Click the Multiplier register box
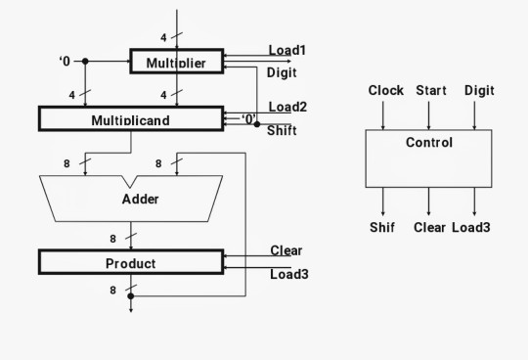176,63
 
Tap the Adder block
140,199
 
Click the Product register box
130,263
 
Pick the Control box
428,157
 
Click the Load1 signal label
287,50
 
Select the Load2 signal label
287,108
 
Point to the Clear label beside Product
286,250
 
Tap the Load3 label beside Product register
288,274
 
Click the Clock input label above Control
385,91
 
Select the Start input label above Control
430,91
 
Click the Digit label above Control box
479,91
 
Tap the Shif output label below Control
382,228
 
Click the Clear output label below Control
429,228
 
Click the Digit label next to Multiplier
282,72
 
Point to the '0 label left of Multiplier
65,62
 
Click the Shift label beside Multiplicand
282,131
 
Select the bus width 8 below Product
112,291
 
